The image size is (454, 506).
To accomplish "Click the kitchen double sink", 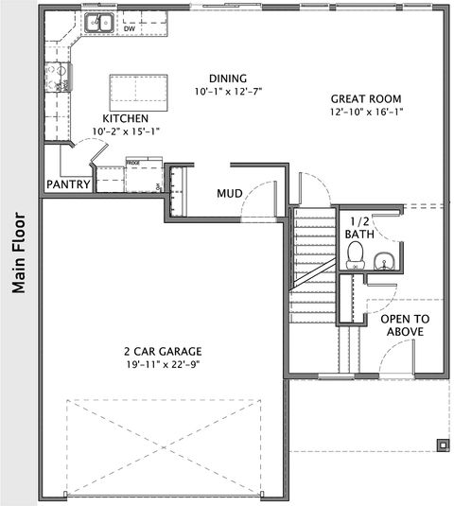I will coord(97,22).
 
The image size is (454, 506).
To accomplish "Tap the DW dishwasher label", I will coord(130,28).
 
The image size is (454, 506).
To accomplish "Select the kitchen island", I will coord(133,92).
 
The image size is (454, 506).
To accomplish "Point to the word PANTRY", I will coord(68,184).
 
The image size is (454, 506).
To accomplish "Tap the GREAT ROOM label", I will coord(366,98).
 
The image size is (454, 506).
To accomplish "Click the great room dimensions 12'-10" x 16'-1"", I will coord(366,113).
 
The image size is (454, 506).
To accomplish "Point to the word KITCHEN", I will coord(125,117).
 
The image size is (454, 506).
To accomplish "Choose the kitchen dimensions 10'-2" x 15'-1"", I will coord(125,131).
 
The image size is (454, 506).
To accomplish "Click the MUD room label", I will coord(230,193).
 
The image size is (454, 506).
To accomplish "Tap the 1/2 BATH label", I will coord(358,227).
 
